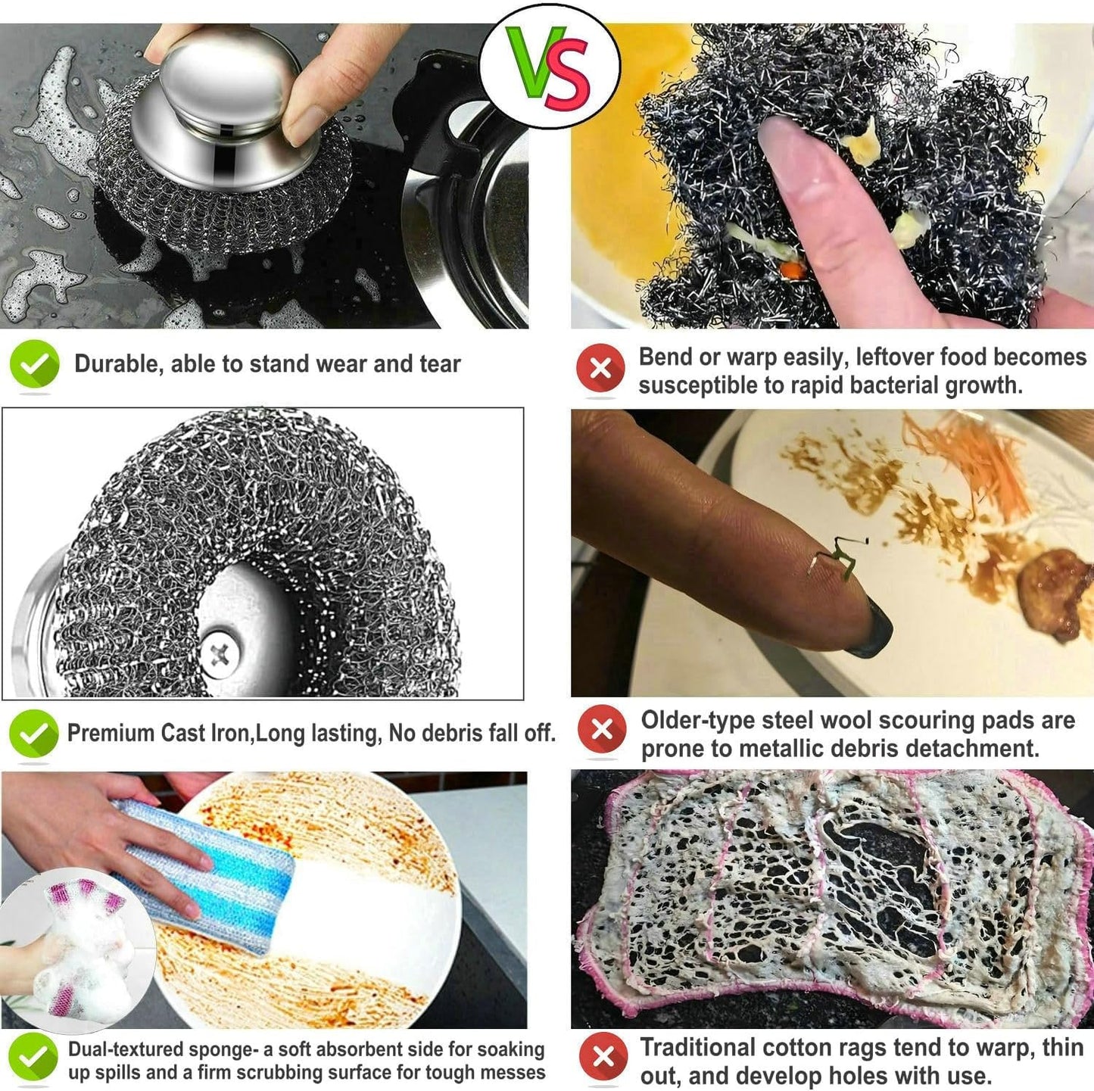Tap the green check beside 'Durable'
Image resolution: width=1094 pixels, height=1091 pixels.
[x=35, y=364]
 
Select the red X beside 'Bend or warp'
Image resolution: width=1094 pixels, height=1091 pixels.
[x=600, y=369]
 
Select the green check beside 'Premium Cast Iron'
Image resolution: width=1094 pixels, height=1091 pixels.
[x=34, y=733]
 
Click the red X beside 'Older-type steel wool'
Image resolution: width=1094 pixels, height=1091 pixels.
[x=602, y=729]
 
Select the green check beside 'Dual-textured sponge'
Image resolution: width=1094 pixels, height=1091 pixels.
[x=34, y=1058]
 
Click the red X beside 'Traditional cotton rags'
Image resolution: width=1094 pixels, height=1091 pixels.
[x=603, y=1056]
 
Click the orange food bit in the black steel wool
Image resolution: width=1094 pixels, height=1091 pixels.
[x=790, y=269]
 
